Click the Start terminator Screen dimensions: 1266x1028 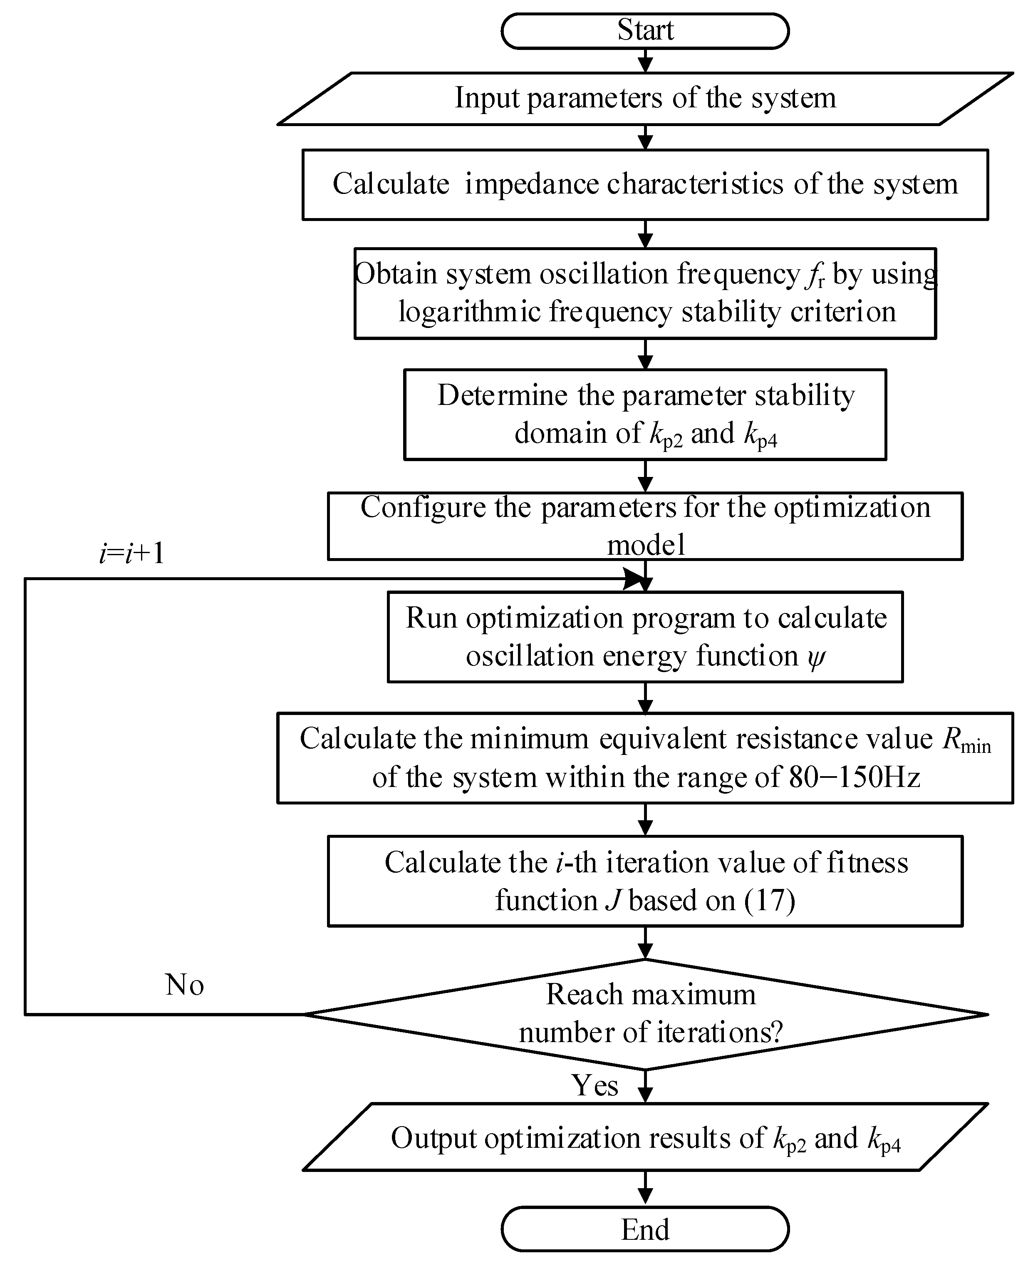tap(645, 31)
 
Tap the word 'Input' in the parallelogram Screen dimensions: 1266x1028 tap(487, 98)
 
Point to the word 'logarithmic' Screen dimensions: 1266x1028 tap(470, 312)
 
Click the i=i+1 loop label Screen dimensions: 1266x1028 tap(131, 554)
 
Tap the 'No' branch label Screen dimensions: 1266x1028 tap(185, 985)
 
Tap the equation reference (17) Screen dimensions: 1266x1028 tap(769, 901)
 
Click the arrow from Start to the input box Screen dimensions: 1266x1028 tap(645, 60)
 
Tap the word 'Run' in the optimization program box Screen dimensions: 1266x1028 tap(431, 618)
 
